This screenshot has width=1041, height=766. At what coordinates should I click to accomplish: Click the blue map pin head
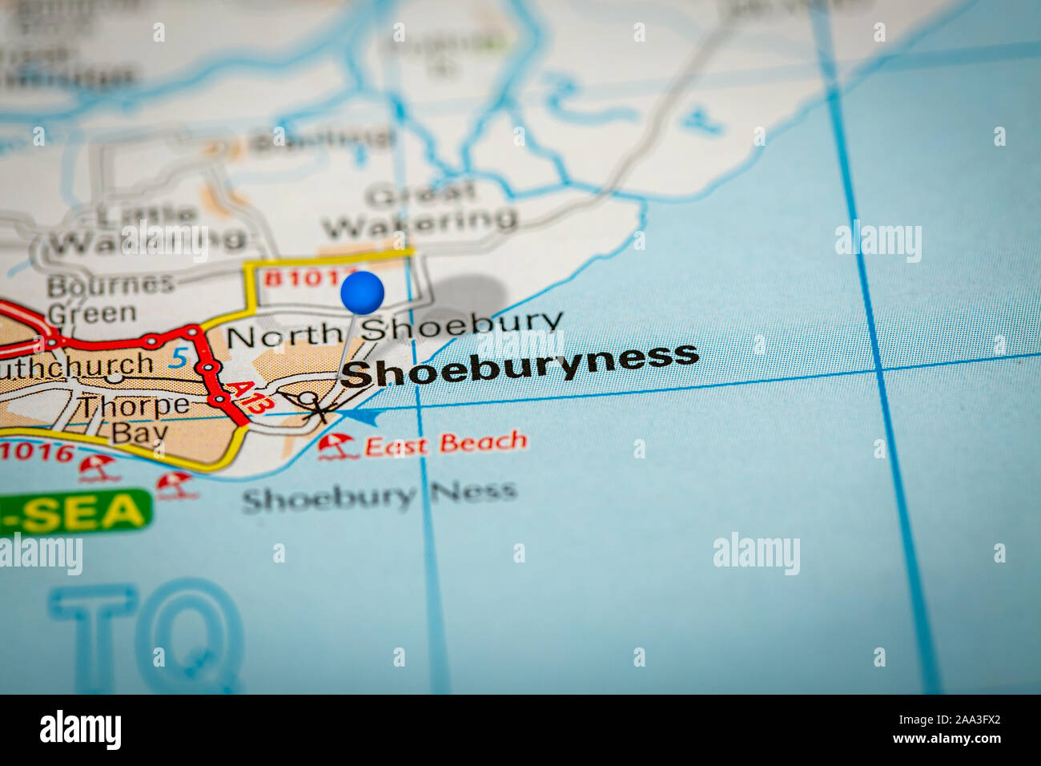point(362,292)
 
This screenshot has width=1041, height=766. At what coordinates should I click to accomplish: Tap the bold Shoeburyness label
point(520,365)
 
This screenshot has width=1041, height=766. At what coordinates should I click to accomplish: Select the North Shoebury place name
point(394,329)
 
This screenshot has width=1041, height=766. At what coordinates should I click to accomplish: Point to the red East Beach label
point(445,443)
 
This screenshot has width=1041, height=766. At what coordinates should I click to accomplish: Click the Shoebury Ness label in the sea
point(379,497)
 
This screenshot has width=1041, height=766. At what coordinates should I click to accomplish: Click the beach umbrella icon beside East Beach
point(337,445)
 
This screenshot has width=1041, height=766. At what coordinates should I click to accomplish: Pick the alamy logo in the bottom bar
point(80,730)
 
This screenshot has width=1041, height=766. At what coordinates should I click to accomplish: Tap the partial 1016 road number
point(37,451)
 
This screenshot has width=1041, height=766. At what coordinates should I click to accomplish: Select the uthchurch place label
point(77,365)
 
